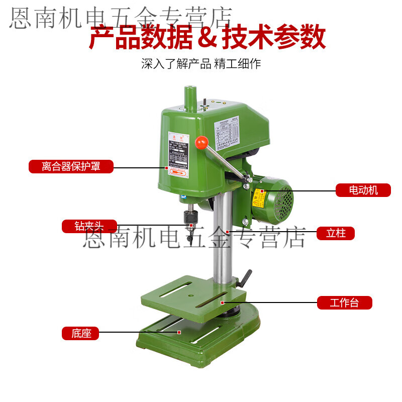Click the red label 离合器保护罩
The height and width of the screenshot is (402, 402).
[x=71, y=166]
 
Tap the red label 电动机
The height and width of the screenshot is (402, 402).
[x=363, y=190]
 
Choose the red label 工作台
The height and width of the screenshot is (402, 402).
[x=344, y=303]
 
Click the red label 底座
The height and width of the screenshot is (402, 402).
[x=81, y=333]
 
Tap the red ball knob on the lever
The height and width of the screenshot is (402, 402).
[x=202, y=143]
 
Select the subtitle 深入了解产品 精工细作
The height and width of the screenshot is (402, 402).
[x=201, y=64]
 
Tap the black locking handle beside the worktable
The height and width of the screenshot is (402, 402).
[x=246, y=278]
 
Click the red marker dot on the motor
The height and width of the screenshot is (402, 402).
[x=262, y=191]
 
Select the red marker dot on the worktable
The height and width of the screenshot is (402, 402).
[x=222, y=303]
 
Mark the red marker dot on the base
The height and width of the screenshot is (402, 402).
[x=178, y=332]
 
